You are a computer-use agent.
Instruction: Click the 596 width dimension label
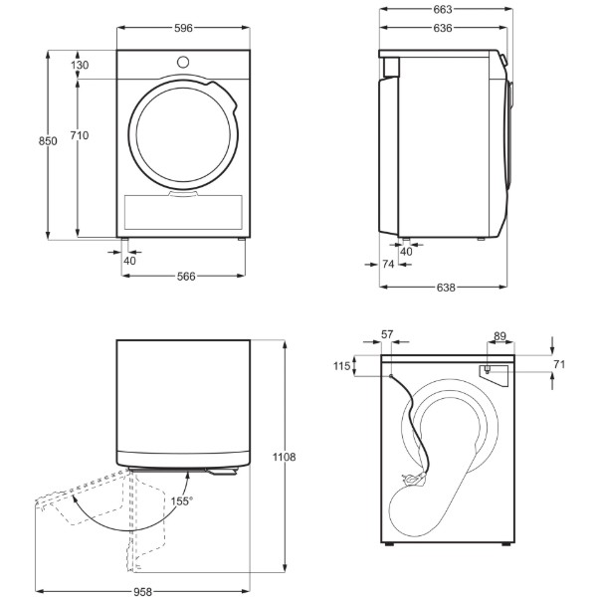point(183,28)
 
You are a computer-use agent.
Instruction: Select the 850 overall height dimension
point(48,141)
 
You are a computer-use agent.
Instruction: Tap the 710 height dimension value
point(80,135)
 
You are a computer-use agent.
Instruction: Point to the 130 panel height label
point(80,65)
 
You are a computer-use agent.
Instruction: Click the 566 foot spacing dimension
point(186,277)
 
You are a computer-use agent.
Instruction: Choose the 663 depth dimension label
point(443,10)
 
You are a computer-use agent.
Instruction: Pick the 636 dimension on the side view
point(443,28)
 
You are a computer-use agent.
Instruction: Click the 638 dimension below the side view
point(446,288)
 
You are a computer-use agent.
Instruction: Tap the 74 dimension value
point(388,264)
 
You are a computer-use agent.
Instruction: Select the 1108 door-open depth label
point(284,457)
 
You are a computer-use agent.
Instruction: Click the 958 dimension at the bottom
point(142,592)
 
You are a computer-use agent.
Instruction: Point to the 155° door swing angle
point(182,501)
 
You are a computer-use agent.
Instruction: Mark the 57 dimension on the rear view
point(387,334)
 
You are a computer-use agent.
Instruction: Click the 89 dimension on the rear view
point(499,336)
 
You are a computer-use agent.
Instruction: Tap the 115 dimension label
point(341,366)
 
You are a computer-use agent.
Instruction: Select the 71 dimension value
point(559,364)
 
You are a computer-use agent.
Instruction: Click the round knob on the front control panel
point(183,62)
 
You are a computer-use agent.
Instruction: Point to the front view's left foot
point(125,240)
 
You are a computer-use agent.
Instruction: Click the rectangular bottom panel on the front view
point(183,213)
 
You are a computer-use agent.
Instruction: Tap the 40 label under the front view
point(129,261)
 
